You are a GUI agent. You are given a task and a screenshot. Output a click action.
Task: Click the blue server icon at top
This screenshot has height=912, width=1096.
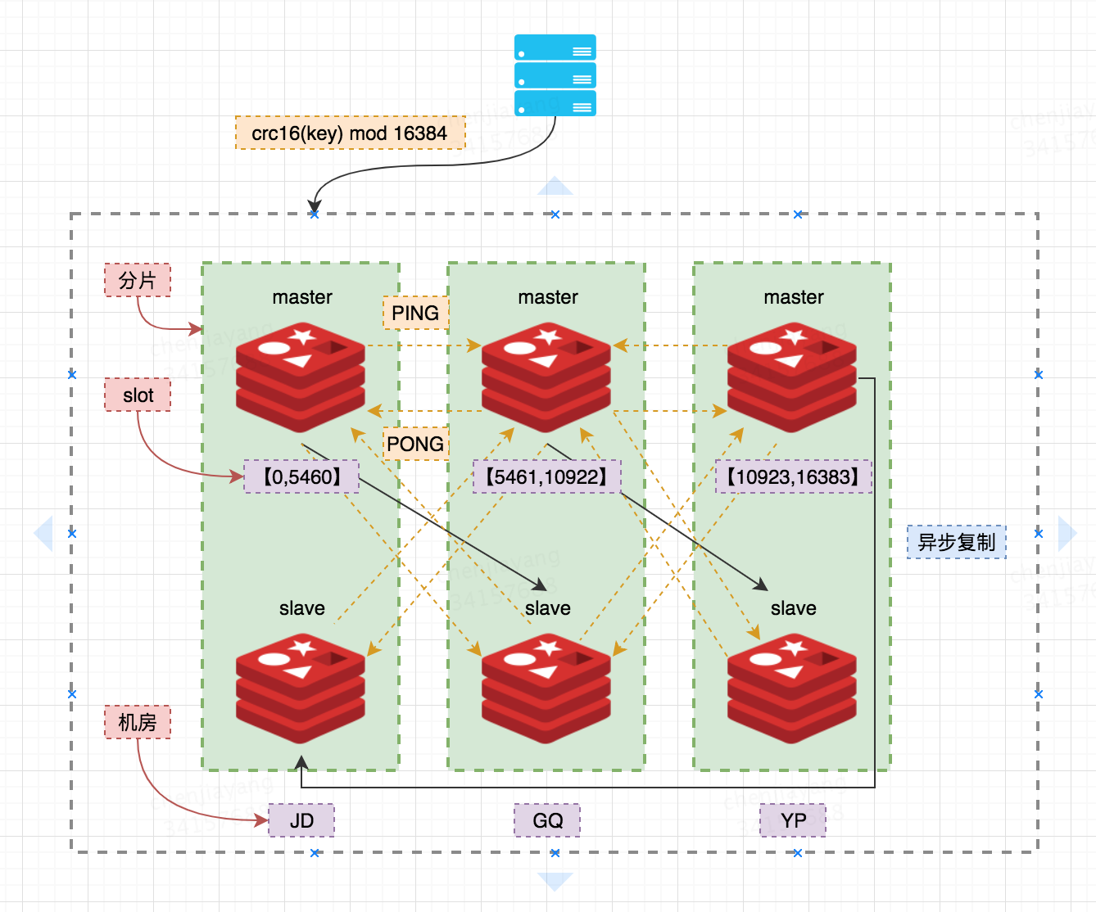pos(555,75)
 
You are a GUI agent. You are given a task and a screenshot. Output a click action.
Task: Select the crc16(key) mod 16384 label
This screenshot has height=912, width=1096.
pos(350,133)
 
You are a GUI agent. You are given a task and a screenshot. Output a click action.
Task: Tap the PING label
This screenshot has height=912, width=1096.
pos(415,313)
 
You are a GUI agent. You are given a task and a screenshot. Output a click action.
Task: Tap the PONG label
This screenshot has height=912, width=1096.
pos(415,444)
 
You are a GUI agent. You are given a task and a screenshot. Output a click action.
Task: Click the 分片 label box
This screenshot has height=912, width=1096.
pos(138,280)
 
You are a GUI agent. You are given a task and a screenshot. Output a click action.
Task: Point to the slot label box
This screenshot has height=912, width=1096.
pos(138,395)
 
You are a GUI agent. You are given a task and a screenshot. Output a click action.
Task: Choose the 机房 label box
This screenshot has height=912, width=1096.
pos(138,722)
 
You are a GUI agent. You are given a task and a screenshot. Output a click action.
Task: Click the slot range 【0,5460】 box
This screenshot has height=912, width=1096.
pos(301,476)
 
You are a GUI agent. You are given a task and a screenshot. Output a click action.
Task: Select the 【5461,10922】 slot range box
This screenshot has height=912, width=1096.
pos(546,476)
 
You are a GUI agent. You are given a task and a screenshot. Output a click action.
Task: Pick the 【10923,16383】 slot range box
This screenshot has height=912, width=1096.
pos(793,476)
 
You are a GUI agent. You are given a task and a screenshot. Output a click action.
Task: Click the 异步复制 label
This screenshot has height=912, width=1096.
pos(956,542)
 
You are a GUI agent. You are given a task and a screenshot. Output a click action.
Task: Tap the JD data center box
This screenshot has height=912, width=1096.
pos(301,820)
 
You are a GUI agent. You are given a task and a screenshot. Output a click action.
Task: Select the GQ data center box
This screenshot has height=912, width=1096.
pos(547,820)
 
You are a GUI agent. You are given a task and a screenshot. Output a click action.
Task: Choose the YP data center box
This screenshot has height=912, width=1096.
pos(793,820)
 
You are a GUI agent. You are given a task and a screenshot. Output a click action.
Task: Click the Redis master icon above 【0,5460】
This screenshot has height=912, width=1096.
pos(301,377)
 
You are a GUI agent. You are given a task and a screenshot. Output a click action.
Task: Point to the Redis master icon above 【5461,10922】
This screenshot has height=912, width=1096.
pos(546,377)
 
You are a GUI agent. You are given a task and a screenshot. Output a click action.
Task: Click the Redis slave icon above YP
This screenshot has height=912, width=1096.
pos(792,688)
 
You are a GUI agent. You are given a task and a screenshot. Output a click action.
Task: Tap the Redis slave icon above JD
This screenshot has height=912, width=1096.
pos(301,688)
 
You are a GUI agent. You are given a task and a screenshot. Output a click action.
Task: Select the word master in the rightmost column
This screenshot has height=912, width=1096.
pos(794,297)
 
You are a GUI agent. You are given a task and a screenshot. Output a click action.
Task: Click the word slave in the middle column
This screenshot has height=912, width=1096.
pos(548,608)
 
